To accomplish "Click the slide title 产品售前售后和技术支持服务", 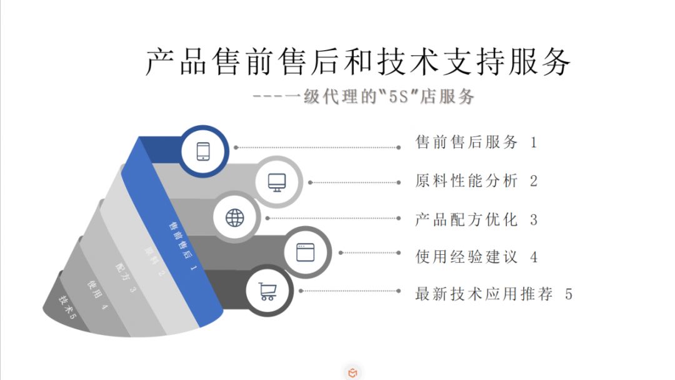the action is coord(357,61).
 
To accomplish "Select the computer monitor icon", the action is coord(277,182).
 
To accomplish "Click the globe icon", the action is coord(235,218).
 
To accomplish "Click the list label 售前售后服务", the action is coord(466,143).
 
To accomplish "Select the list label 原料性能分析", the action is coord(466,182).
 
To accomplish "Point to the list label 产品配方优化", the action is coord(466,220).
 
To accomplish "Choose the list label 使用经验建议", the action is coord(466,257).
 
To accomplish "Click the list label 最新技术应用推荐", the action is coord(484,294).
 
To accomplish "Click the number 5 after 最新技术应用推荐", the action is coord(568,294).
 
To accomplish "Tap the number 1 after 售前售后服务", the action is coord(534,143).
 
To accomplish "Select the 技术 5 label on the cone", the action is coord(67,306).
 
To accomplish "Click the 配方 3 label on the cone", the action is coord(125,278).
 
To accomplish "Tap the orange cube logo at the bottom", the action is coord(353,373).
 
